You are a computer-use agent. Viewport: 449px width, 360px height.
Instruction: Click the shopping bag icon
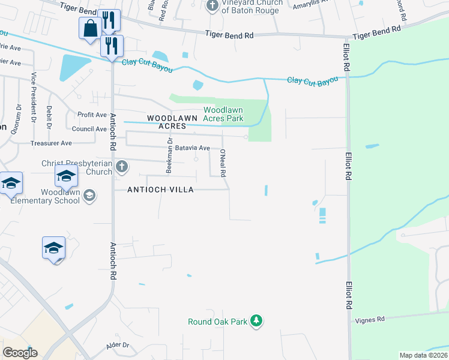tap(90, 28)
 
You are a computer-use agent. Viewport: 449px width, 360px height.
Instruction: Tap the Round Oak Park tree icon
tap(257, 321)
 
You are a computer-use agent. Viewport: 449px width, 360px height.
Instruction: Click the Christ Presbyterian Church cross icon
tap(121, 166)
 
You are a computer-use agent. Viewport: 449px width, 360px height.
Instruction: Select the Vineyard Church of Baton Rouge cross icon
tap(212, 6)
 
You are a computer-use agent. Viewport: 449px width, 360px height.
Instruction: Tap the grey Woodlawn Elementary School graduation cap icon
tap(89, 195)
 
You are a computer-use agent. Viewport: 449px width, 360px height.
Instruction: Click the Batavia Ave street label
tap(192, 148)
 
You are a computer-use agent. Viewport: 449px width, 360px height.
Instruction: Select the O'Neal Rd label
tap(222, 163)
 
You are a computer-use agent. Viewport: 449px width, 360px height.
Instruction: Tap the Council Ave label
tap(89, 129)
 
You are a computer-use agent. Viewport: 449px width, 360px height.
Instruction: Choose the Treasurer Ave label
tap(51, 143)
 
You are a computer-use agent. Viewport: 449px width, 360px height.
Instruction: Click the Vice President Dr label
tap(34, 98)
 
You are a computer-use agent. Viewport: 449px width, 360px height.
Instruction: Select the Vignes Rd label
tap(372, 320)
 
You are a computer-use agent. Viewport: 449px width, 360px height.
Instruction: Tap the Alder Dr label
tap(117, 345)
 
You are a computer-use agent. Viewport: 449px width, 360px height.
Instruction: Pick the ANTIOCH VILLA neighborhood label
tap(160, 190)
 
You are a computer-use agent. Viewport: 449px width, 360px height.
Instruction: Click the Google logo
tap(20, 353)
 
